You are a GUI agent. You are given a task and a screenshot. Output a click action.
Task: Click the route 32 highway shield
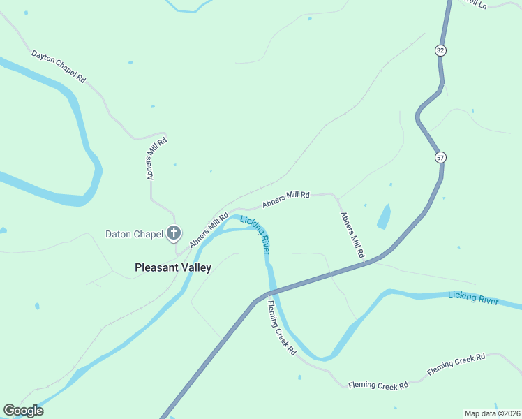(440, 50)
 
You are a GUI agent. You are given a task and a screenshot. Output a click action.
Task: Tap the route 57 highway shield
(440, 157)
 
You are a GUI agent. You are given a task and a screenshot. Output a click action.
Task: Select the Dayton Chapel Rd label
(58, 66)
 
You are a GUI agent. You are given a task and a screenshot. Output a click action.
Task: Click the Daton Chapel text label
(133, 234)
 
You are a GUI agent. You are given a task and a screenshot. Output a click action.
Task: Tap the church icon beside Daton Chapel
(174, 233)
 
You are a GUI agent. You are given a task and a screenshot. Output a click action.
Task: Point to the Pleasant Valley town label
(172, 267)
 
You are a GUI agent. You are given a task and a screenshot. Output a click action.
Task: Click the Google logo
(23, 411)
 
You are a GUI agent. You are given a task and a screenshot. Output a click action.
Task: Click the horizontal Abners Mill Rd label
(285, 200)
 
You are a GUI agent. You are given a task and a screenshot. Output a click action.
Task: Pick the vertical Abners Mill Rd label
(156, 159)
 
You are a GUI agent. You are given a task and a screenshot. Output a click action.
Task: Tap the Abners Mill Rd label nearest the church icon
(209, 229)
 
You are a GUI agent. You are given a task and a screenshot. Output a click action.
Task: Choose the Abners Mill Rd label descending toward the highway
(352, 236)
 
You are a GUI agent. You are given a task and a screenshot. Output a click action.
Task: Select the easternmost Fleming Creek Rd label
(456, 365)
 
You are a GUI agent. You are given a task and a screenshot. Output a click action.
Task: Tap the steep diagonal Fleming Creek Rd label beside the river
(282, 332)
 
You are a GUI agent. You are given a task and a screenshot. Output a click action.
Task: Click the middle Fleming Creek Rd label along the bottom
(378, 385)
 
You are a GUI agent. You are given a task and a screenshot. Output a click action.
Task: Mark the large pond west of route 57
(384, 216)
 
